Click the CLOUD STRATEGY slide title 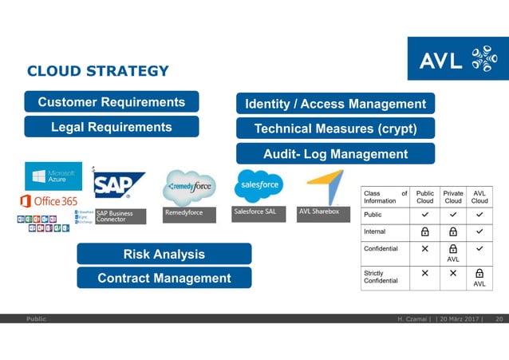click(x=98, y=71)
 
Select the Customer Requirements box click(x=112, y=102)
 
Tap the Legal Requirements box click(x=112, y=127)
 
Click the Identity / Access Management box click(x=335, y=104)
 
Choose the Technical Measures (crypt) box click(x=335, y=129)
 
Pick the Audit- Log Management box click(x=335, y=154)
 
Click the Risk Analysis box click(x=164, y=254)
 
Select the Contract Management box click(x=164, y=278)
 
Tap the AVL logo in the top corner click(x=457, y=58)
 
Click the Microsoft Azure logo click(x=53, y=176)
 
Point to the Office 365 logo click(x=49, y=200)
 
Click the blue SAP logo click(x=119, y=185)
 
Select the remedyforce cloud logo click(x=189, y=188)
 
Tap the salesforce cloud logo click(x=258, y=186)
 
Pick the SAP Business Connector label click(x=120, y=216)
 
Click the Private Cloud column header click(x=452, y=196)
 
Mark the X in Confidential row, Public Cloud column click(x=425, y=248)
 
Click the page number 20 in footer click(x=499, y=319)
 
